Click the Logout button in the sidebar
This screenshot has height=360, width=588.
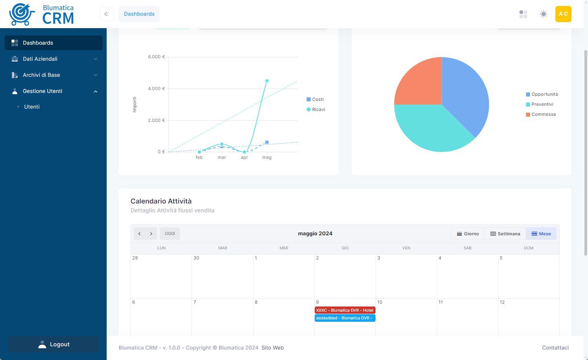click(54, 344)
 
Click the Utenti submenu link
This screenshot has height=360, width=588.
click(32, 107)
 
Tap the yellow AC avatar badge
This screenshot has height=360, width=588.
click(563, 14)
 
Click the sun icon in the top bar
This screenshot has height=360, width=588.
click(543, 14)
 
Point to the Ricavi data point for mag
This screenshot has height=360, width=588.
click(267, 81)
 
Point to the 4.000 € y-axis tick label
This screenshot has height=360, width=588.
click(156, 88)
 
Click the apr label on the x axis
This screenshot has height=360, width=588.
click(244, 158)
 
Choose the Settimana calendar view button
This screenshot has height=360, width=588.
click(505, 234)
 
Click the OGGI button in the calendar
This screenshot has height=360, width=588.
click(170, 234)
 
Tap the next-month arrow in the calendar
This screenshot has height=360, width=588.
click(151, 234)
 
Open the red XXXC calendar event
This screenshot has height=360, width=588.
click(345, 310)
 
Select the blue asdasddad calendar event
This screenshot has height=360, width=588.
click(345, 318)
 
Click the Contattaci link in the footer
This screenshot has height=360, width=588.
click(555, 348)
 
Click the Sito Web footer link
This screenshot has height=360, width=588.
click(272, 348)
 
